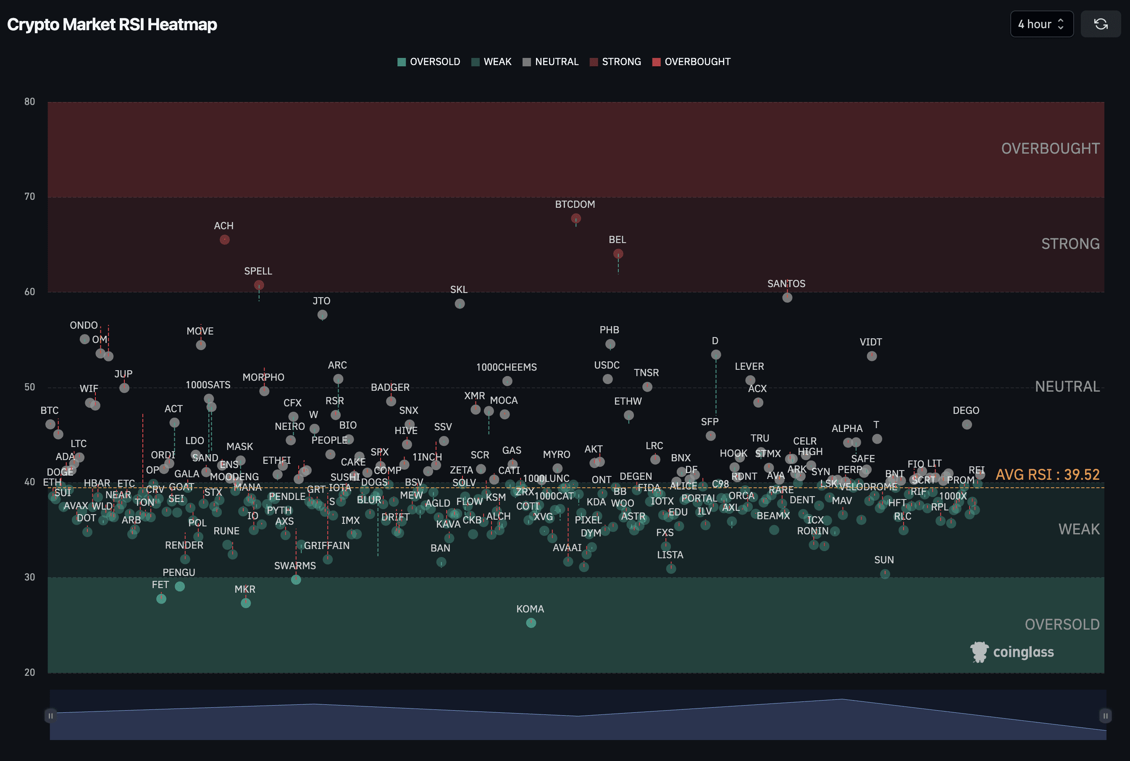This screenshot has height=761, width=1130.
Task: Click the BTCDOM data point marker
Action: coord(576,218)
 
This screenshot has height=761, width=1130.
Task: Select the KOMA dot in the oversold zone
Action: coord(531,622)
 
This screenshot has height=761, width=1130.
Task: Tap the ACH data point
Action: coord(224,240)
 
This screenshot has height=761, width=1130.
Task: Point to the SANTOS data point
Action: coord(787,298)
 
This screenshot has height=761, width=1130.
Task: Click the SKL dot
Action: coord(460,304)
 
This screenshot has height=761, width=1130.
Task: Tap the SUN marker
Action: coord(885,574)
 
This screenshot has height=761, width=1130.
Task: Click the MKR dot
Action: coord(246,603)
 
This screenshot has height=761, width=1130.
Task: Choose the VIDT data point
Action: coord(872,356)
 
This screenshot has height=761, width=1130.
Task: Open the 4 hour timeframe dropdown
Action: coord(1041,24)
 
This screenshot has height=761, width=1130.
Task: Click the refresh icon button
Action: coord(1100,24)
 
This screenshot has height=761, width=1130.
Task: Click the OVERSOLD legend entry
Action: coord(429,62)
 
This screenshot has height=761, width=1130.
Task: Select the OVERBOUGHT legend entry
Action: coord(691,62)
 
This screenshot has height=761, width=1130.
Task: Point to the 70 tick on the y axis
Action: coord(30,196)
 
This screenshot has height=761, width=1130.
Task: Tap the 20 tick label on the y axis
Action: coord(30,672)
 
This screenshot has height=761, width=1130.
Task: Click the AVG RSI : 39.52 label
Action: coord(1047,475)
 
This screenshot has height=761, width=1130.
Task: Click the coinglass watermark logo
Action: coord(1012,652)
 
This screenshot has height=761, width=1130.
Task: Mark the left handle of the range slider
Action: coord(50,715)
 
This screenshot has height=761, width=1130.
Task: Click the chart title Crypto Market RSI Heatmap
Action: coord(112,24)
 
